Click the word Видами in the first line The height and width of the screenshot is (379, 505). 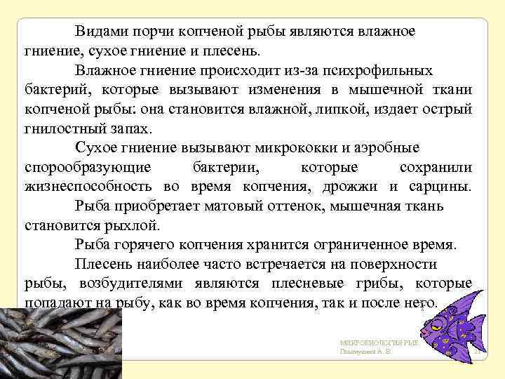click(98, 32)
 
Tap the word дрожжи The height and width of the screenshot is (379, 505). click(358, 187)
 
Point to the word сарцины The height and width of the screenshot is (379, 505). click(439, 187)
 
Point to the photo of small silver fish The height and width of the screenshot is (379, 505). click(60, 344)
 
